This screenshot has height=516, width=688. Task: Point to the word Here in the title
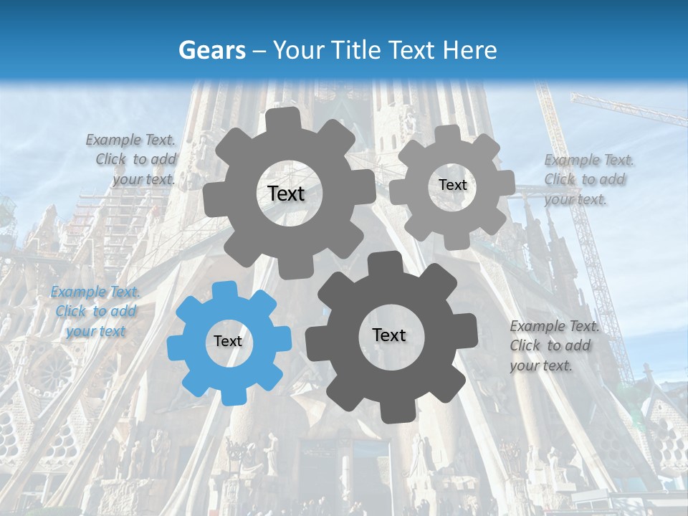pyautogui.click(x=469, y=50)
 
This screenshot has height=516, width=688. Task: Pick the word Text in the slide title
pyautogui.click(x=411, y=50)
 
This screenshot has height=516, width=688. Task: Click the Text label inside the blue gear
pyautogui.click(x=228, y=341)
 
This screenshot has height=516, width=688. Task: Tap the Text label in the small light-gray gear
pyautogui.click(x=452, y=185)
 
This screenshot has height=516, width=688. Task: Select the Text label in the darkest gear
pyautogui.click(x=389, y=335)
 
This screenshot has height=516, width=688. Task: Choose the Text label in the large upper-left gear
pyautogui.click(x=286, y=193)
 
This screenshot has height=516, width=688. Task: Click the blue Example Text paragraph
pyautogui.click(x=95, y=311)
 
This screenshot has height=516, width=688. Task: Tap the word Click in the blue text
pyautogui.click(x=71, y=311)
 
